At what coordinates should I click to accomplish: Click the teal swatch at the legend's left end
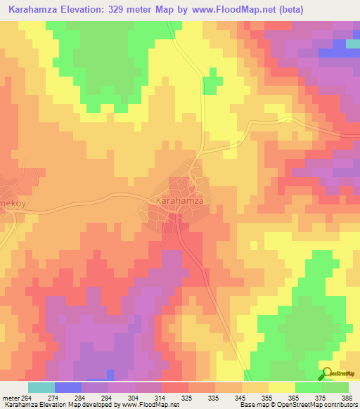tap(41, 387)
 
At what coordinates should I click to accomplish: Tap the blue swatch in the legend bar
tap(67, 387)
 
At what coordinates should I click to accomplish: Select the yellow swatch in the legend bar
tap(282, 387)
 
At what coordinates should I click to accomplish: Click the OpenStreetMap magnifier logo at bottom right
tap(326, 373)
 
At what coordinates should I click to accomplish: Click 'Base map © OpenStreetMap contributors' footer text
tap(297, 405)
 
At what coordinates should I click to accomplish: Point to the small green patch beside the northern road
tap(209, 85)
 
